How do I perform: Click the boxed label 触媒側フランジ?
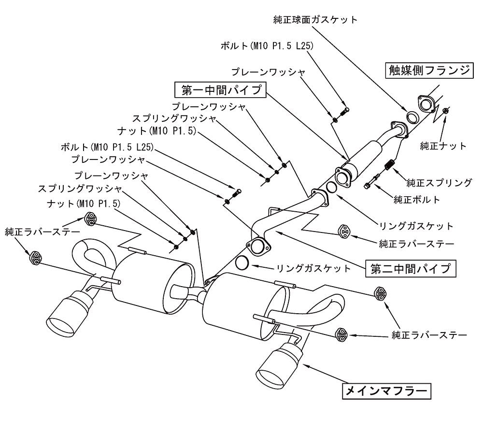[429, 71]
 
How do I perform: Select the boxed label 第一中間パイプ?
[220, 90]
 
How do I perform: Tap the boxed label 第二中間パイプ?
[411, 269]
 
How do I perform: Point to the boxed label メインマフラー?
[386, 391]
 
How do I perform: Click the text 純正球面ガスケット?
[315, 20]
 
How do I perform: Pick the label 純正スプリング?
[439, 183]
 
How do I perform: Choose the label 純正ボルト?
[417, 200]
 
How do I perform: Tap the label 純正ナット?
[443, 146]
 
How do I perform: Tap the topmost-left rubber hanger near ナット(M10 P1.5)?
[90, 218]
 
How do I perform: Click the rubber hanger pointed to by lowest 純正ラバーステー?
[341, 335]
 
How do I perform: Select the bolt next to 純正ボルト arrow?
[372, 182]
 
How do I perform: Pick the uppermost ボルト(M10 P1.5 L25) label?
[267, 46]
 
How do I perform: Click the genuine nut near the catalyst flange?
[445, 110]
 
